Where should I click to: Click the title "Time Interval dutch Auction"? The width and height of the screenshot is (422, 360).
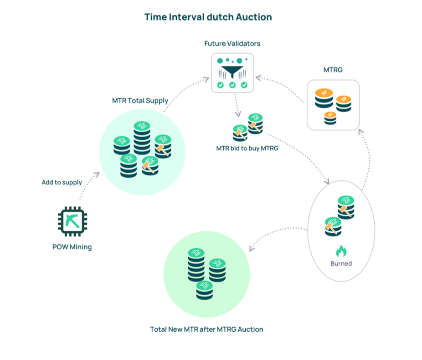pos(208,17)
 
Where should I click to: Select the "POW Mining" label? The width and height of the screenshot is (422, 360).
pos(72,247)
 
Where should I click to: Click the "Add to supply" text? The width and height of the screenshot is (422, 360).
pos(62,182)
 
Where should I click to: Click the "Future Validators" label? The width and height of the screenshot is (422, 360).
pos(232,44)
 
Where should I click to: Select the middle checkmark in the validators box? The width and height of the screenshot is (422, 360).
pos(232,85)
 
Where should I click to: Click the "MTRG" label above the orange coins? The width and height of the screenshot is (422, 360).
pos(333,70)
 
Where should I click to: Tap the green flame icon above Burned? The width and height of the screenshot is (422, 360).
pos(341,251)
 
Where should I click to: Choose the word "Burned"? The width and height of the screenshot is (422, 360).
pos(341,263)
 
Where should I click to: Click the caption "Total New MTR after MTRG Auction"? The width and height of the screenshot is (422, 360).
pos(206,329)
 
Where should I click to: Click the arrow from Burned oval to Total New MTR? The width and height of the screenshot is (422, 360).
pos(278,235)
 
